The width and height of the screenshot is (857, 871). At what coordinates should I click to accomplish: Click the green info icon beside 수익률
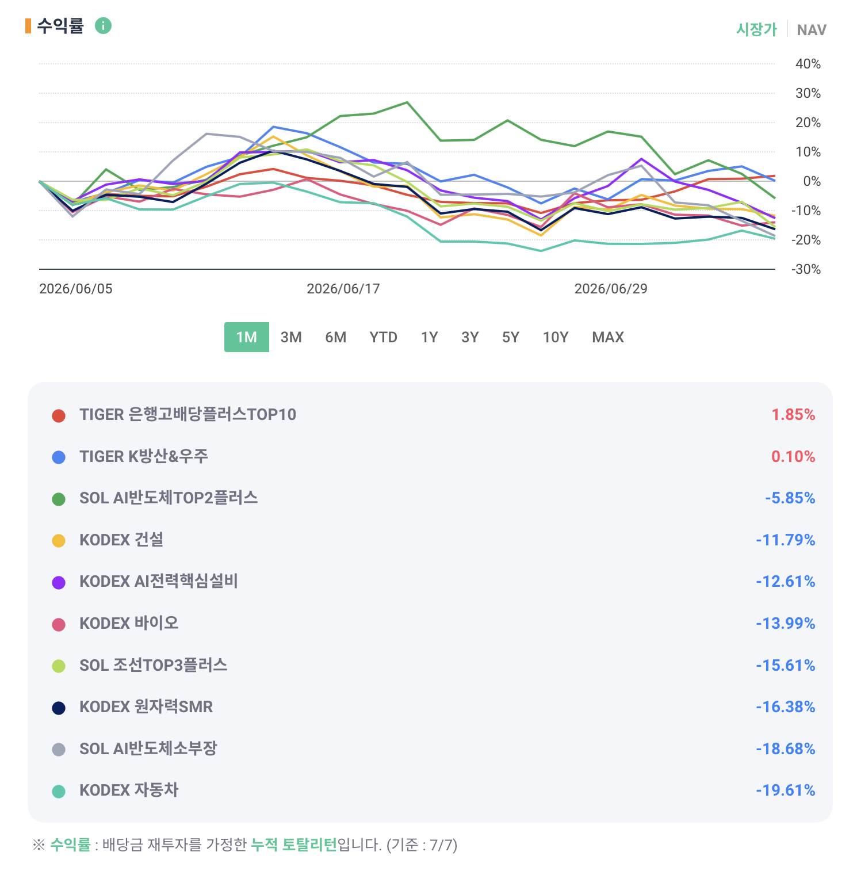click(103, 26)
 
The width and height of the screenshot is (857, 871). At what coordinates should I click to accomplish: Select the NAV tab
click(812, 30)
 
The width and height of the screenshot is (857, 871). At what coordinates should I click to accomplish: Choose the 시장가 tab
click(756, 29)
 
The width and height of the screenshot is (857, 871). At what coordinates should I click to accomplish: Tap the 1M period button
click(247, 337)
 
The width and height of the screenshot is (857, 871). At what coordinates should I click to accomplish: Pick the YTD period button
click(384, 337)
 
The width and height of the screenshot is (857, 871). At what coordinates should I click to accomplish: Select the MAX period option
click(608, 337)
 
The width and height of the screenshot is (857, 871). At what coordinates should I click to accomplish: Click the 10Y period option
click(556, 337)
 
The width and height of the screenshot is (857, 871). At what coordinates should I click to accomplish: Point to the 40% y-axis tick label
click(808, 64)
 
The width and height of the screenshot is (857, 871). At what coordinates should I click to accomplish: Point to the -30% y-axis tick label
click(806, 269)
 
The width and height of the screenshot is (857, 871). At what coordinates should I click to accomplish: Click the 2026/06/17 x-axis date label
click(343, 289)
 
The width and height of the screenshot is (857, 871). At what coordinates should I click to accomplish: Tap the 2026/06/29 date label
click(611, 289)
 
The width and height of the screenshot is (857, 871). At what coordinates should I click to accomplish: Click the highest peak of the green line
click(407, 102)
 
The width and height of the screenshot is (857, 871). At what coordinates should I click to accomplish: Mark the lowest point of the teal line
click(541, 251)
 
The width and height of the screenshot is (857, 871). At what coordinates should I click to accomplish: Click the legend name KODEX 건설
click(121, 540)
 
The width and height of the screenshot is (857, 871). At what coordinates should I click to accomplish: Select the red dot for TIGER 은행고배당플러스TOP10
click(59, 415)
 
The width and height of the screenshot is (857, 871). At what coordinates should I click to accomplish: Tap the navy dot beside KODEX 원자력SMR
click(59, 708)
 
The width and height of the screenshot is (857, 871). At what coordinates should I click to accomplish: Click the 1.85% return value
click(793, 415)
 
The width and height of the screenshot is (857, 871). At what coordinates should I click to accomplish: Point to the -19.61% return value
click(786, 790)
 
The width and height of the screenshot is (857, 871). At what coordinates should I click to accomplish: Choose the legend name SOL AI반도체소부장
click(148, 748)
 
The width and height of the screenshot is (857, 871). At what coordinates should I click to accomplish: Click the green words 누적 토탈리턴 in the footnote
click(294, 845)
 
